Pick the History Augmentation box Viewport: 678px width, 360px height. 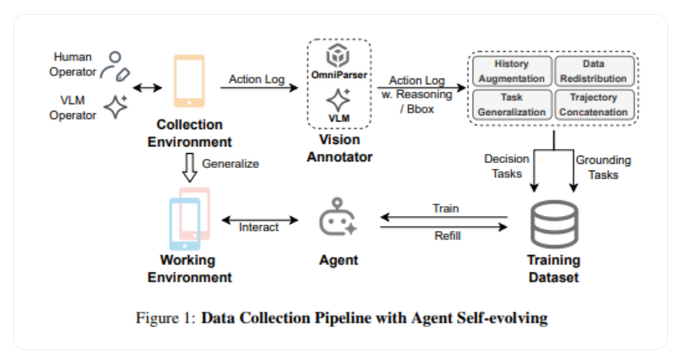click(x=511, y=71)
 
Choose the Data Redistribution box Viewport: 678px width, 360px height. click(x=593, y=71)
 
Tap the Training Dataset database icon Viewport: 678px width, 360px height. click(x=553, y=224)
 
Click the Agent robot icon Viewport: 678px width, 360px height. click(x=338, y=219)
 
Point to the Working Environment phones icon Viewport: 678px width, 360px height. click(x=189, y=218)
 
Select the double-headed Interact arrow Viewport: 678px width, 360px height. click(x=259, y=221)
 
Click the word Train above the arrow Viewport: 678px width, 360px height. click(x=445, y=209)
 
